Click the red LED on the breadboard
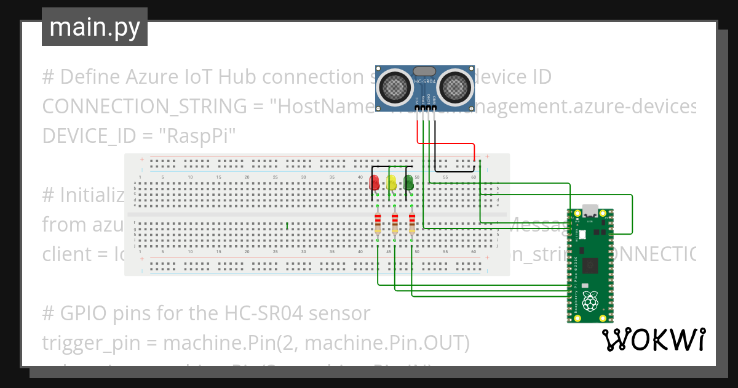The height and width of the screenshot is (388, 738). tap(374, 183)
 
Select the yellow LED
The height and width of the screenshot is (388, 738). tap(391, 183)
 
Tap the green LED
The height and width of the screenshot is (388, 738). tap(408, 182)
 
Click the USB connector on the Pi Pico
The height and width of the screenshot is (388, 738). tap(590, 209)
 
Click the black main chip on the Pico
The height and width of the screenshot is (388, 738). tap(591, 265)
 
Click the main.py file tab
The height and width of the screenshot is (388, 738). tap(95, 27)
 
